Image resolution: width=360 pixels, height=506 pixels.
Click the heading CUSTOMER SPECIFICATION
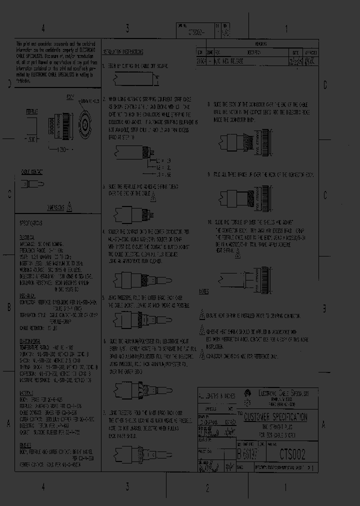tap(275, 417)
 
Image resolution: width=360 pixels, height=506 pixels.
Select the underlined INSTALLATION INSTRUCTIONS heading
tap(123, 52)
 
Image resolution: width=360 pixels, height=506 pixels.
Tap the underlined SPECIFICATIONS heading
tap(31, 222)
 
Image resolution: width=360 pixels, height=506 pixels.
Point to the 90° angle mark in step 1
tap(155, 77)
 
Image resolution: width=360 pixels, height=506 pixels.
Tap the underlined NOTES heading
tap(203, 291)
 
